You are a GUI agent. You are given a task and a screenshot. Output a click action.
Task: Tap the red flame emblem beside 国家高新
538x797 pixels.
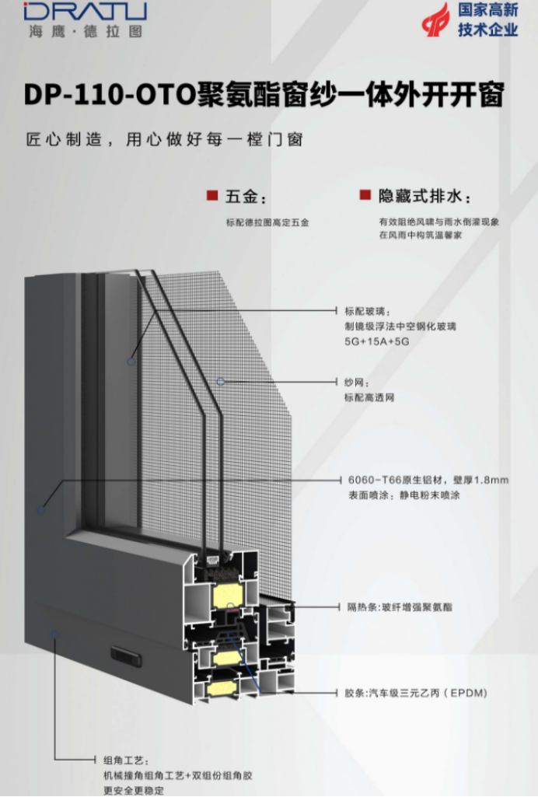(435, 19)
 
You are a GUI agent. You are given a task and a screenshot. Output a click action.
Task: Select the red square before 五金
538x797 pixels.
(211, 194)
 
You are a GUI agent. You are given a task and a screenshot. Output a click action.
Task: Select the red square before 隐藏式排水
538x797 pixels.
(364, 194)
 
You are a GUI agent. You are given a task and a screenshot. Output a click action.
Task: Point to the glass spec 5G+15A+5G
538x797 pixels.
(376, 341)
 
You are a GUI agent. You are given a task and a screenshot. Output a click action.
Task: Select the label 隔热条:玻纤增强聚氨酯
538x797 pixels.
(400, 606)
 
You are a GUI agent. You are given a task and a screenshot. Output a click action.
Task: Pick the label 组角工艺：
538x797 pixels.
(124, 760)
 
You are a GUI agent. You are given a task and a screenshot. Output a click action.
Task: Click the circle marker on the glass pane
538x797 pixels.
(132, 361)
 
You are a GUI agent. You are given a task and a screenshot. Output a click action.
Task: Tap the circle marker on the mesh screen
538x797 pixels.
(221, 381)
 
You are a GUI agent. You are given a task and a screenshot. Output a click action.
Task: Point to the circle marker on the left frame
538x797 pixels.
(41, 510)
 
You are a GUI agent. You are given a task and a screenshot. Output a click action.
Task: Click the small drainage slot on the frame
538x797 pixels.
(126, 655)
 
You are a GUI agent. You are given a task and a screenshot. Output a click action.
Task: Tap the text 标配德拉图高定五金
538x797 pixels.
(267, 222)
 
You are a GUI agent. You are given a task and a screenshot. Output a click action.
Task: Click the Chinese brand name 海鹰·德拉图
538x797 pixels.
(86, 33)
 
